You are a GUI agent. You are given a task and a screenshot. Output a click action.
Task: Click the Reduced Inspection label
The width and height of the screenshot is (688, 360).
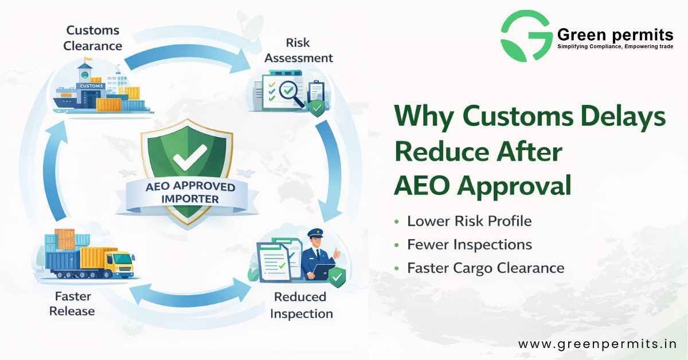301,305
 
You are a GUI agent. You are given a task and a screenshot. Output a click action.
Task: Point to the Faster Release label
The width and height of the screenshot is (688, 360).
72,304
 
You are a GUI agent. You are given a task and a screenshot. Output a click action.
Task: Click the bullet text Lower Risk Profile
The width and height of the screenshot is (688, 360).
469,221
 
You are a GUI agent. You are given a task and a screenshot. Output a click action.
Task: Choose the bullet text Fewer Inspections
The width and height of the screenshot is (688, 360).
469,245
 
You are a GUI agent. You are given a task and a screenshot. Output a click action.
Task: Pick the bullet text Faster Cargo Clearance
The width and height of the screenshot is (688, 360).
485,268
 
